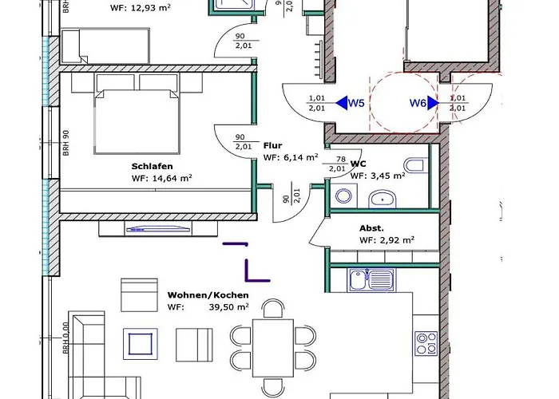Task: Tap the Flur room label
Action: (x=272, y=146)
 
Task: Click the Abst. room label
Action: (x=372, y=227)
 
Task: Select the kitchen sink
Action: (x=371, y=279)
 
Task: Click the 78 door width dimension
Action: (x=341, y=160)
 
